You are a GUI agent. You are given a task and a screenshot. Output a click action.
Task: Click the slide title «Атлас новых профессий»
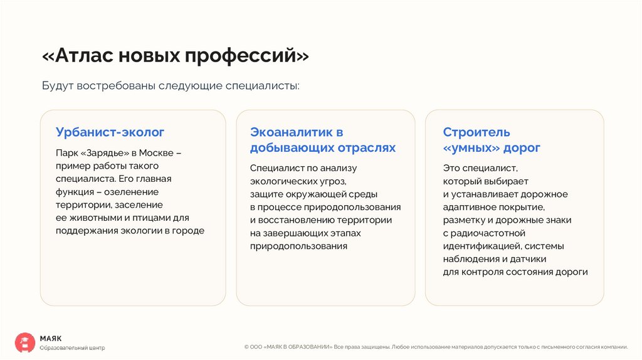click(176, 56)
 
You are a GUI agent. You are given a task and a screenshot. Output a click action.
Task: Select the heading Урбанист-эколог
click(110, 132)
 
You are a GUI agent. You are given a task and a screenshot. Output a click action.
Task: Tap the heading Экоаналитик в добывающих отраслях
click(323, 140)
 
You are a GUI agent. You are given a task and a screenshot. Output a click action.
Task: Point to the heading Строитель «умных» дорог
click(492, 140)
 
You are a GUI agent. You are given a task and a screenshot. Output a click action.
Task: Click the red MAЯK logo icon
click(25, 342)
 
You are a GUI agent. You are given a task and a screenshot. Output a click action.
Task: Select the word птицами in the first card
click(152, 218)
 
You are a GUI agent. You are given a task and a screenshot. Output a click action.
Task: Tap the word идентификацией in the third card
click(481, 246)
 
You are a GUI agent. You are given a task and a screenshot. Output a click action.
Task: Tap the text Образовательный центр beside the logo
click(72, 347)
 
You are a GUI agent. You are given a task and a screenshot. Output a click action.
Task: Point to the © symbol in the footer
click(246, 346)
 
